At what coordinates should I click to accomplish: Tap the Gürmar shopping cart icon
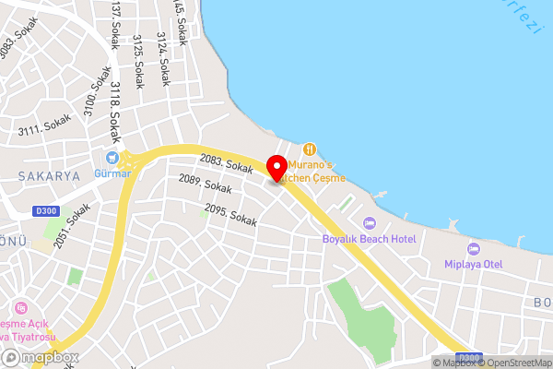coord(113,158)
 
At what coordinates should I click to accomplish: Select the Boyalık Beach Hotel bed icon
coord(370,223)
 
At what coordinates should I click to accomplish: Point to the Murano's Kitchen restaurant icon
coord(310,149)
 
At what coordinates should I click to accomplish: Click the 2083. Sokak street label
coord(226,165)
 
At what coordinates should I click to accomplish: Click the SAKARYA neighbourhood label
coord(48,174)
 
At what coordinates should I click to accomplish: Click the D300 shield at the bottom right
coord(470,358)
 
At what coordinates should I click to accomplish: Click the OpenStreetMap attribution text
coord(518,363)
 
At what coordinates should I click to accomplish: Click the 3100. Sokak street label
coord(89,108)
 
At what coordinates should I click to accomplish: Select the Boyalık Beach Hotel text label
coord(369,239)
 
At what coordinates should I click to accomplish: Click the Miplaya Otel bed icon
coord(474,249)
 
